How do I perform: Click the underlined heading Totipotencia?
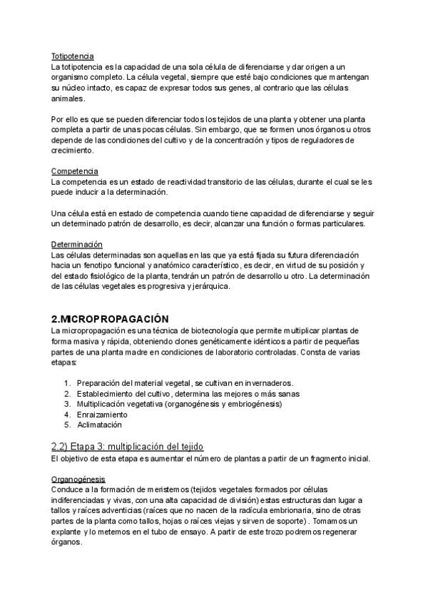73,56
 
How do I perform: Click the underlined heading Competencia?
75,171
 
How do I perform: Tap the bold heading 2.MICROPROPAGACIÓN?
110,318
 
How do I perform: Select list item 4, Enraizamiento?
102,414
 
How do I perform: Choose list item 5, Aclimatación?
99,424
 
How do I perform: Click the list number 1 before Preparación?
66,382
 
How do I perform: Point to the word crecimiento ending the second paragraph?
72,151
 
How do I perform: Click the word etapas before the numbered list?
64,362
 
